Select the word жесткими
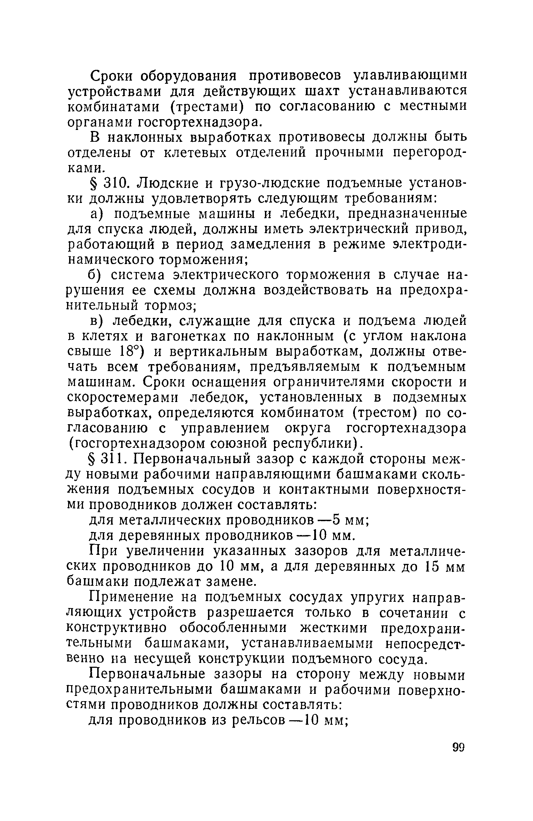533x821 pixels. click(x=336, y=628)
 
